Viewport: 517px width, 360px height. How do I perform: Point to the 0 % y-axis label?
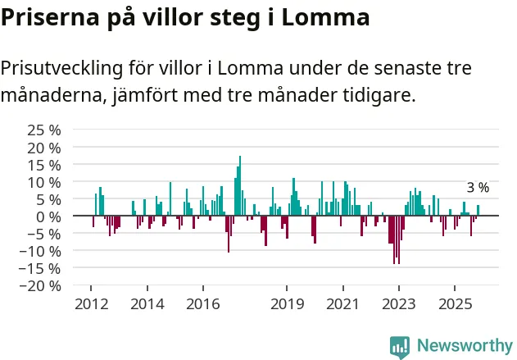pos(49,216)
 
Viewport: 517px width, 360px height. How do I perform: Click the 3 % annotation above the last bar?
pos(478,188)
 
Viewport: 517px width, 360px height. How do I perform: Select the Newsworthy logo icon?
pos(400,346)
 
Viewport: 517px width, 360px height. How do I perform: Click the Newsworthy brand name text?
pos(464,346)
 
